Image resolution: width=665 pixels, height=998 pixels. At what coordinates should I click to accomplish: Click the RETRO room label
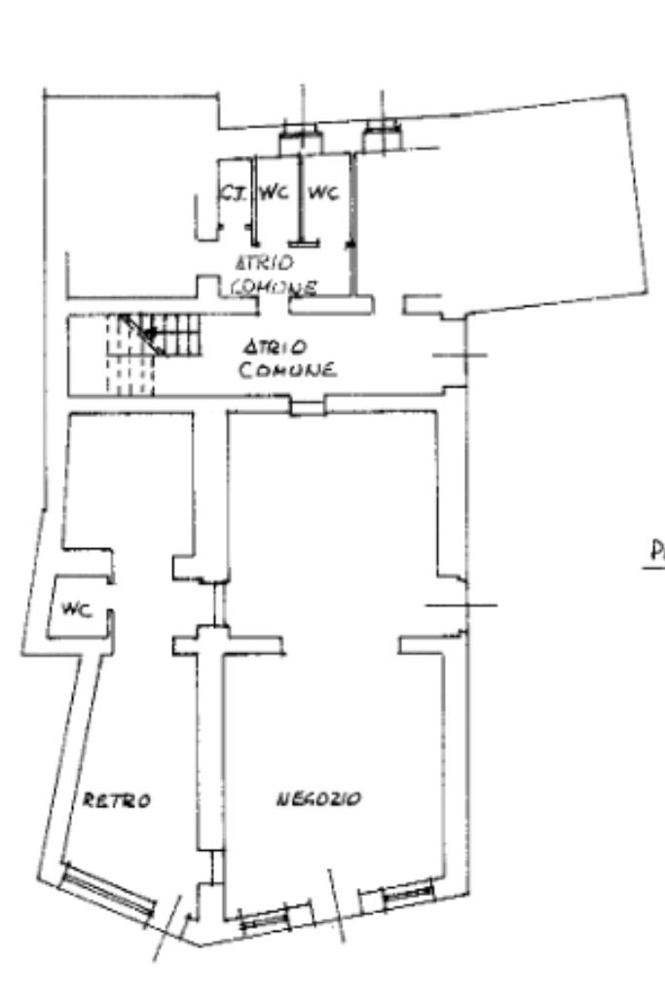click(x=116, y=800)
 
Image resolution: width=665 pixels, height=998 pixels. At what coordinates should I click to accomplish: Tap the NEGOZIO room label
click(x=319, y=799)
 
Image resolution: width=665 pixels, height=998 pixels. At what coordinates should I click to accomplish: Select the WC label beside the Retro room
click(x=76, y=610)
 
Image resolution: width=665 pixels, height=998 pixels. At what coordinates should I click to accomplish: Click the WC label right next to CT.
click(x=276, y=193)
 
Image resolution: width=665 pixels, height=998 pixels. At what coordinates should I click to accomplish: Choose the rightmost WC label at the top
click(x=322, y=193)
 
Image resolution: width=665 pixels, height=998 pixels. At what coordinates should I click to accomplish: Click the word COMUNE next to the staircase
click(x=288, y=370)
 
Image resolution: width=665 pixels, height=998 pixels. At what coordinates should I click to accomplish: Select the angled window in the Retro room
click(x=107, y=888)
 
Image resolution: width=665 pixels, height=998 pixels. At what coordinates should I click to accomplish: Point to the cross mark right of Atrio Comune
click(x=460, y=354)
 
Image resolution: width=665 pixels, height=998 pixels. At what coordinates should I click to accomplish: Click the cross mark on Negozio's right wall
click(x=461, y=605)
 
